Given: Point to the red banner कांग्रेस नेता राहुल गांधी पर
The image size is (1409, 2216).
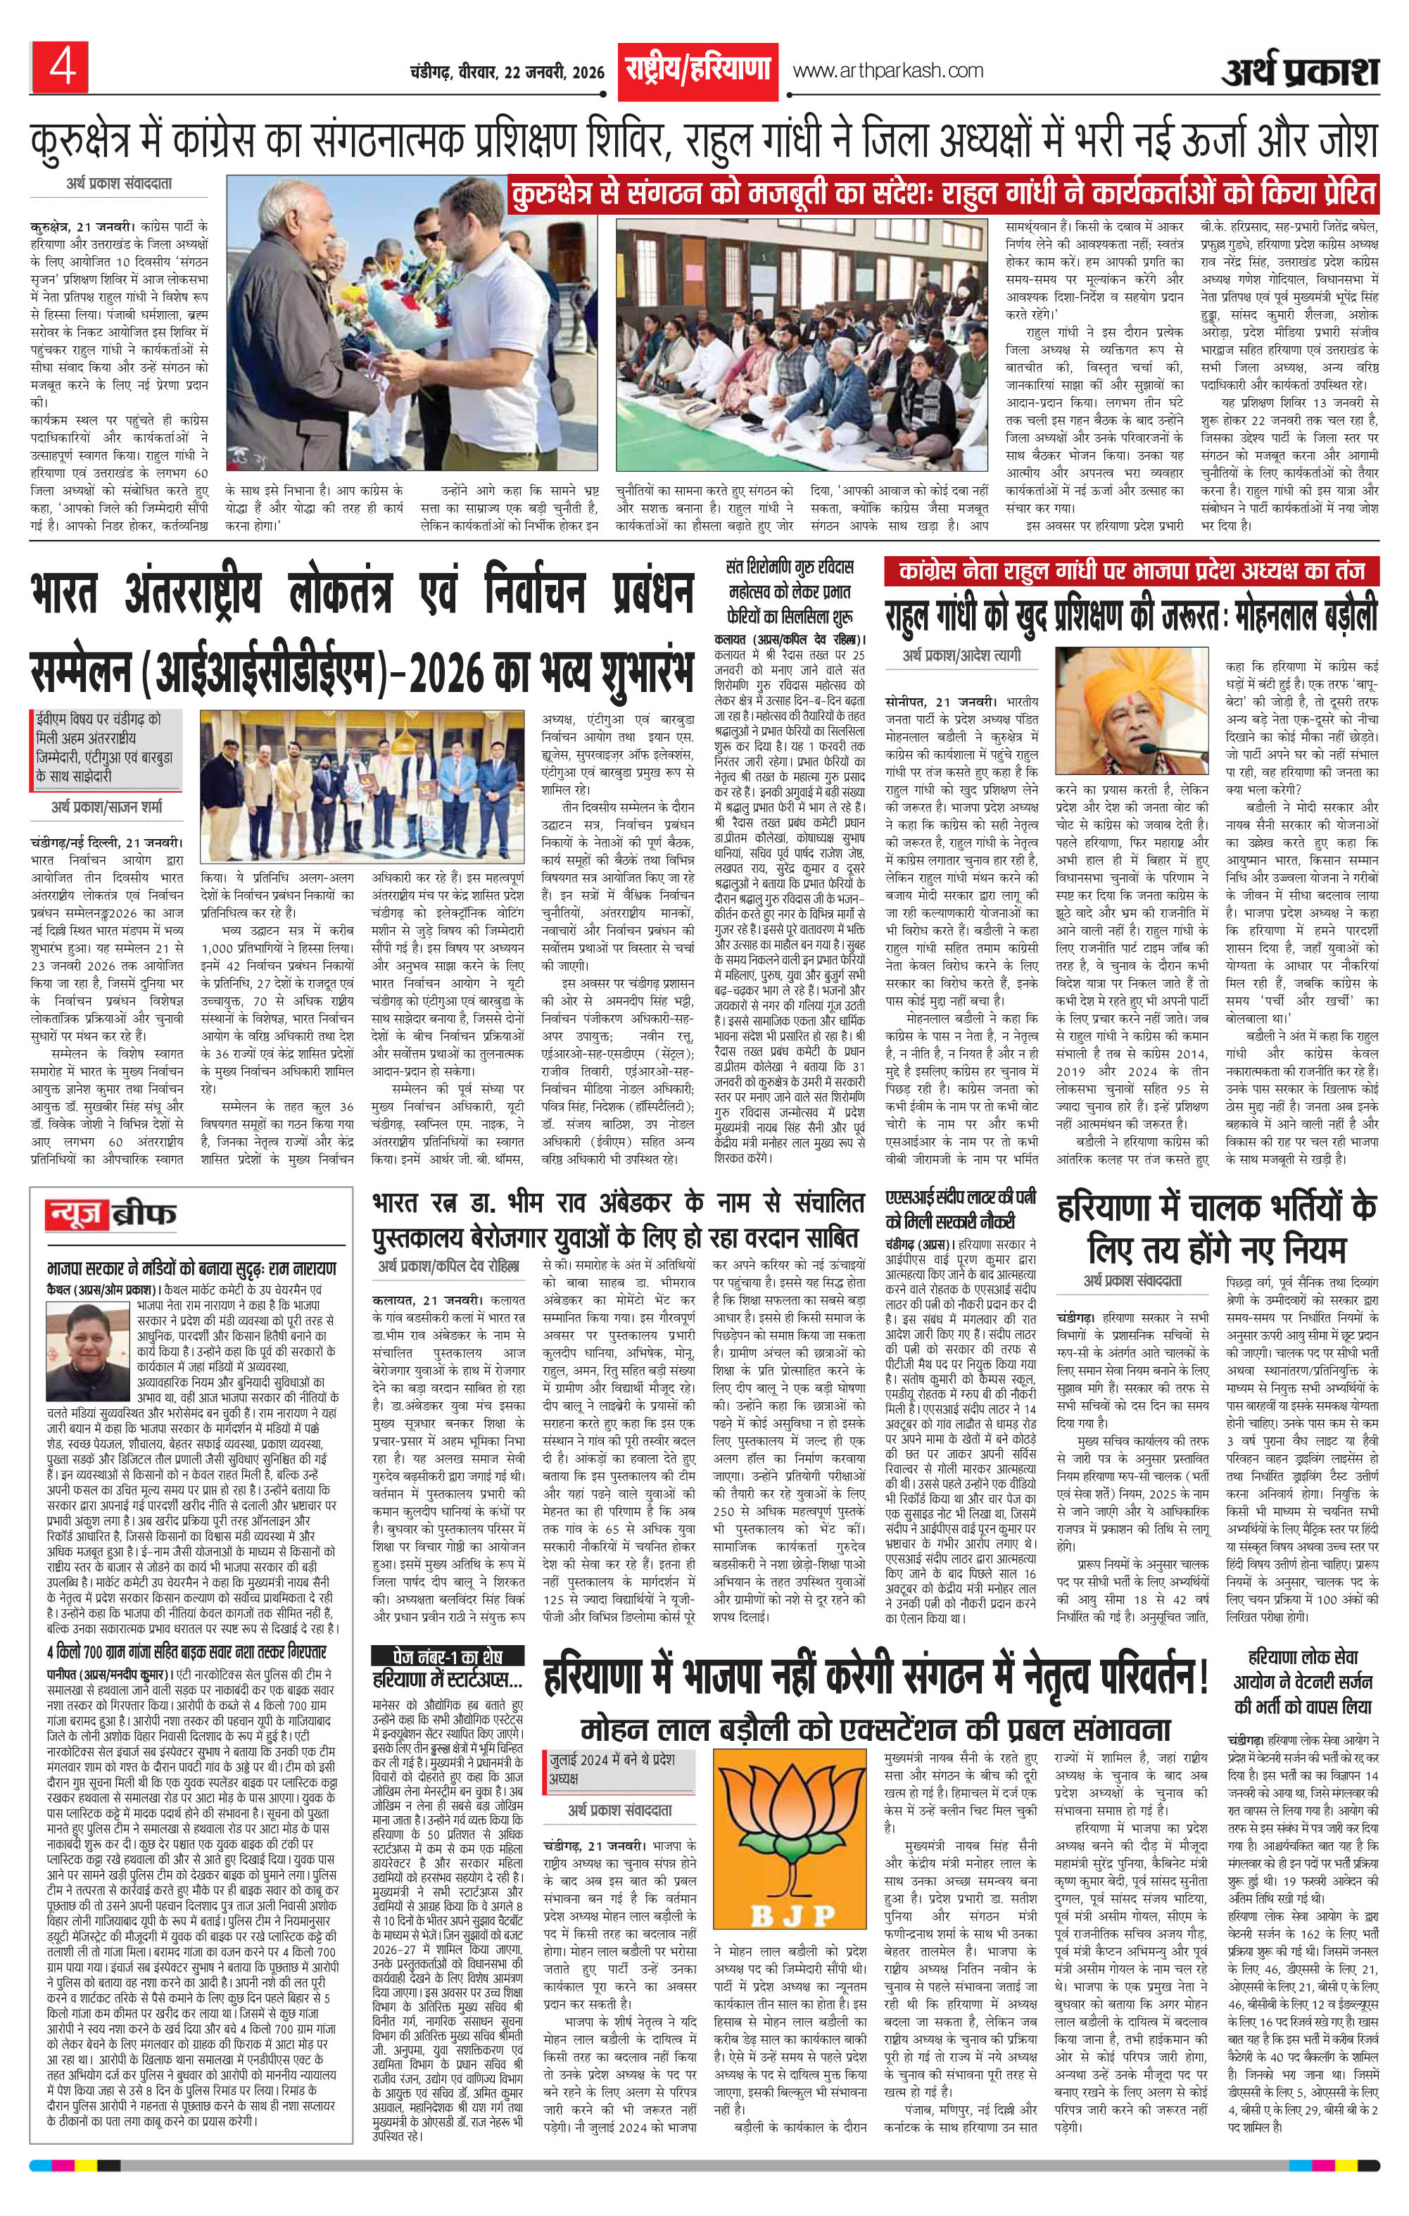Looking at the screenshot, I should [1131, 572].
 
